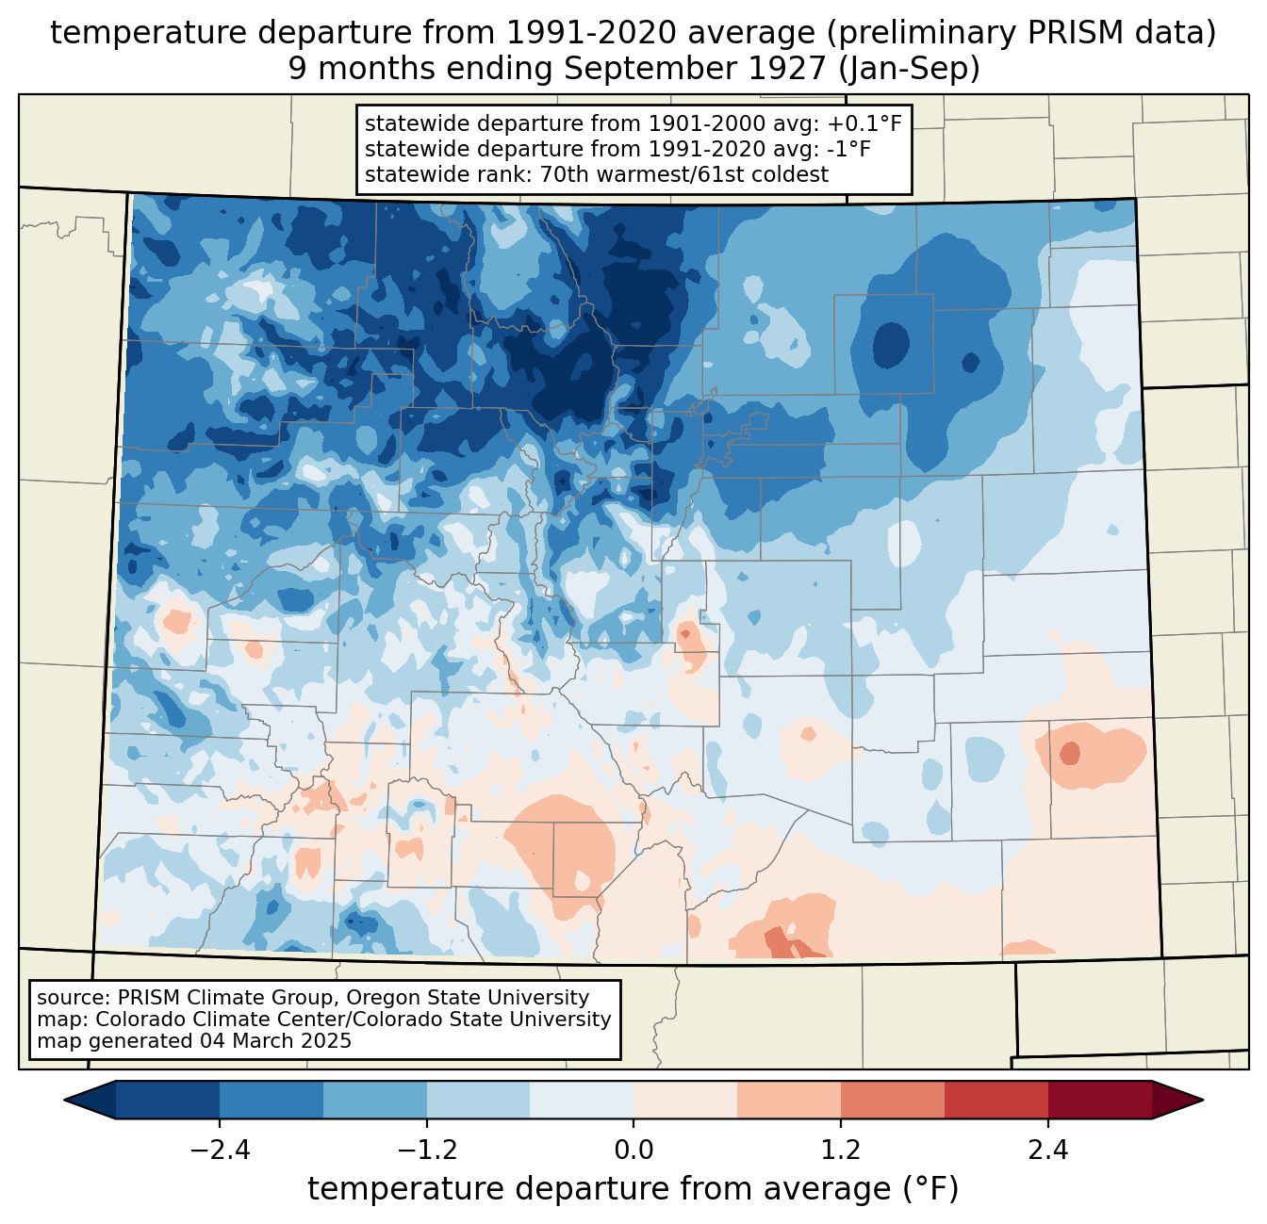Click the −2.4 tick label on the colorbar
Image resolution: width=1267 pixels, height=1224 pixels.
point(219,1151)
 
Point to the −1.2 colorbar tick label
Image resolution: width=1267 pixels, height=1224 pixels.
point(426,1151)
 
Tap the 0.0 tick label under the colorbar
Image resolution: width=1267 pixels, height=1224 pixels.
point(633,1151)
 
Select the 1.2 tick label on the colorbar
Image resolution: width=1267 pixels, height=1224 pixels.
point(841,1151)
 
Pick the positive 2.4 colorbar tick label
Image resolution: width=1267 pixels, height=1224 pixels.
point(1048,1151)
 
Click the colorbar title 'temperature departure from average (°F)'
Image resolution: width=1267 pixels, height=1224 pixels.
point(633,1189)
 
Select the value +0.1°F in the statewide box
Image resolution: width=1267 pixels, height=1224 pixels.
point(862,124)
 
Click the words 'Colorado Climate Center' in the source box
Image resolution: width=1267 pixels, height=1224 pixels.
point(206,1020)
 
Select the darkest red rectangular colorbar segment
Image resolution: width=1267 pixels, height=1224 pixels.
point(1099,1100)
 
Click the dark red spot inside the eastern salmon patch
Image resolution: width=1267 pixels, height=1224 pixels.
point(1070,754)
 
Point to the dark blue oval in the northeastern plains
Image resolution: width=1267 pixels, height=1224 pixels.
point(891,345)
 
